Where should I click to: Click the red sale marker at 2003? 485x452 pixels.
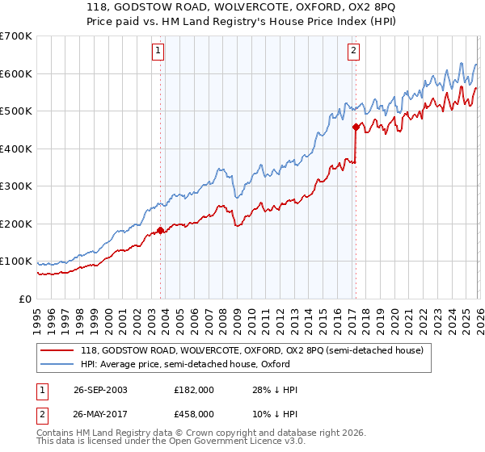(160, 230)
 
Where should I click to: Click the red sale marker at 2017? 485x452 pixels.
(355, 126)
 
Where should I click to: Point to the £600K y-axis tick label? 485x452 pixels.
(15, 73)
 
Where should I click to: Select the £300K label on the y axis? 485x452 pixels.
(15, 186)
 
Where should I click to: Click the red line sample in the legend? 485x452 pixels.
(57, 350)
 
